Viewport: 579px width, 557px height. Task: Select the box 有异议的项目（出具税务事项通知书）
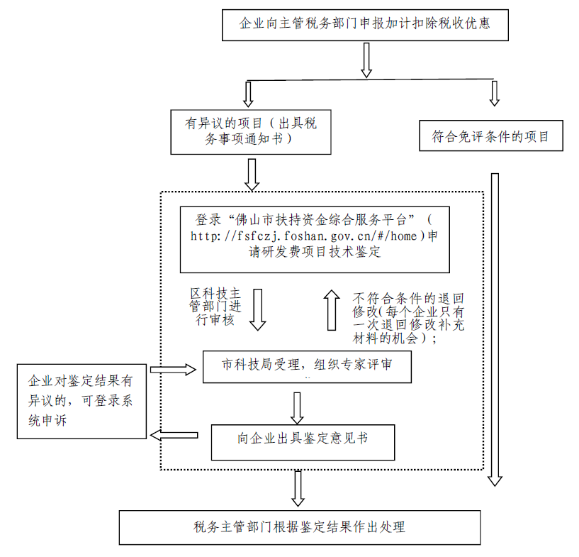pos(251,131)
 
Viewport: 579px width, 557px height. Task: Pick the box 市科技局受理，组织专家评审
pos(307,365)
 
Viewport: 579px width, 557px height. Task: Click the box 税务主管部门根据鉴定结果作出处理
pos(299,527)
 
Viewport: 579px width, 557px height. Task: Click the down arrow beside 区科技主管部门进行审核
pos(257,309)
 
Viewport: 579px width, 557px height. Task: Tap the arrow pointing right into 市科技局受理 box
pos(173,369)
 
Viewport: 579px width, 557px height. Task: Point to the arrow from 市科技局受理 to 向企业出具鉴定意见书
pos(298,407)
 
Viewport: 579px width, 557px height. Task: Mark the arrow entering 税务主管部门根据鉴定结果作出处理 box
pos(298,488)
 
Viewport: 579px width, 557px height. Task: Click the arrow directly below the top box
pos(366,60)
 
